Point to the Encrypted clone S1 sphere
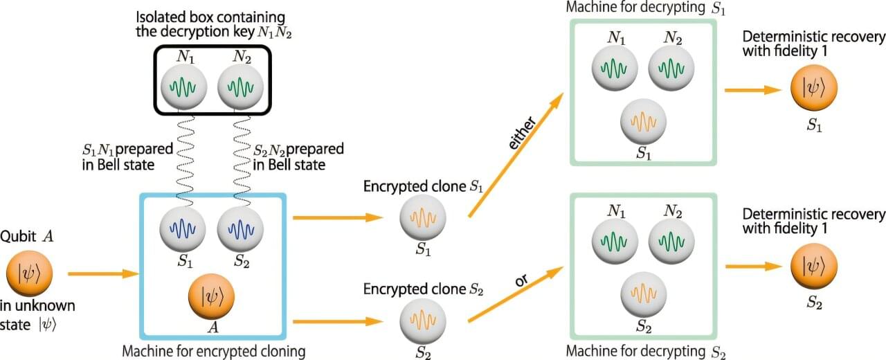(423, 217)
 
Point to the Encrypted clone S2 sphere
(423, 321)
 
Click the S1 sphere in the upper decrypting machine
(644, 121)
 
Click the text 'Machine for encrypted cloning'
(213, 352)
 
